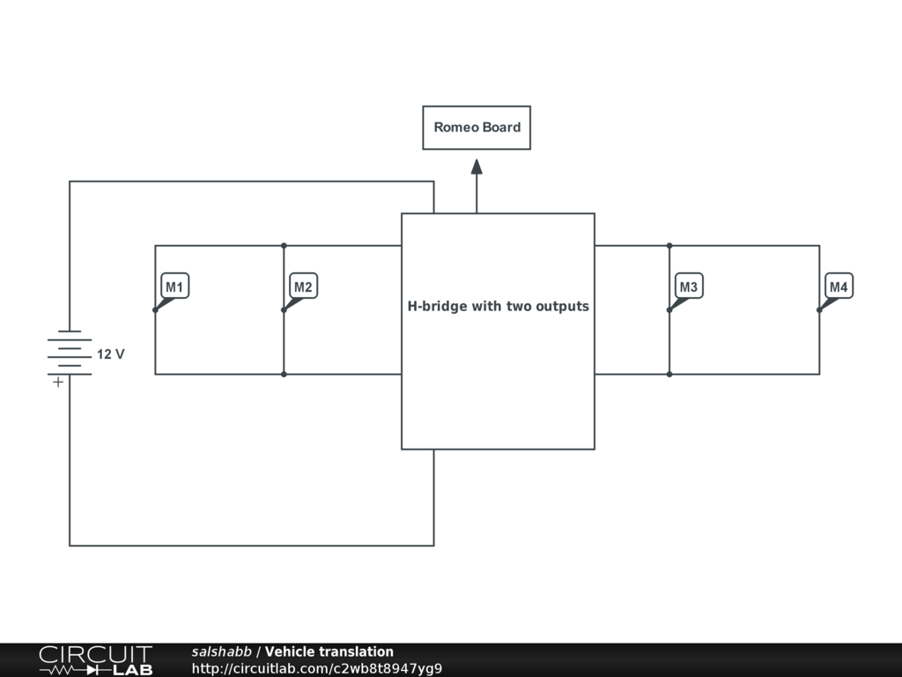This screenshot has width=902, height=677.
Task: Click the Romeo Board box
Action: coord(477,128)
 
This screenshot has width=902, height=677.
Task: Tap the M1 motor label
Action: coord(174,287)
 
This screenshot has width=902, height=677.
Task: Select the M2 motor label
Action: coord(303,287)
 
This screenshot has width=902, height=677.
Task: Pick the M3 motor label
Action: coord(689,287)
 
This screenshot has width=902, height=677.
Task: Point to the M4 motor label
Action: coord(839,287)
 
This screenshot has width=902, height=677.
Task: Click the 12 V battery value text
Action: coord(111,354)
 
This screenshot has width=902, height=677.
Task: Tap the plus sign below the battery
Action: coord(58,383)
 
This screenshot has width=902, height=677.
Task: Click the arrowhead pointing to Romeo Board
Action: coord(477,167)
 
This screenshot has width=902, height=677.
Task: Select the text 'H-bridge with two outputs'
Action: coord(498,307)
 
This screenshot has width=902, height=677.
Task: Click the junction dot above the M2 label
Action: coord(284,245)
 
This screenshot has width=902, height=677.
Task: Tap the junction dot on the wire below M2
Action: coord(284,375)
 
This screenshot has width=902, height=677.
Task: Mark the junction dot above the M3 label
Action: coord(669,245)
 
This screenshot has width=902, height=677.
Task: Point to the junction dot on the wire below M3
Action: coord(669,375)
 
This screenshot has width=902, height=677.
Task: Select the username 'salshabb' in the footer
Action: coord(222,652)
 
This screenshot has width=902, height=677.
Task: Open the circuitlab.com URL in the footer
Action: coord(316,668)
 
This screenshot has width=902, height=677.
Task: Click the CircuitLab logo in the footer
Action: coord(95,660)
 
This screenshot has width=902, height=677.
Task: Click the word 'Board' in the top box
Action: coord(501,127)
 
